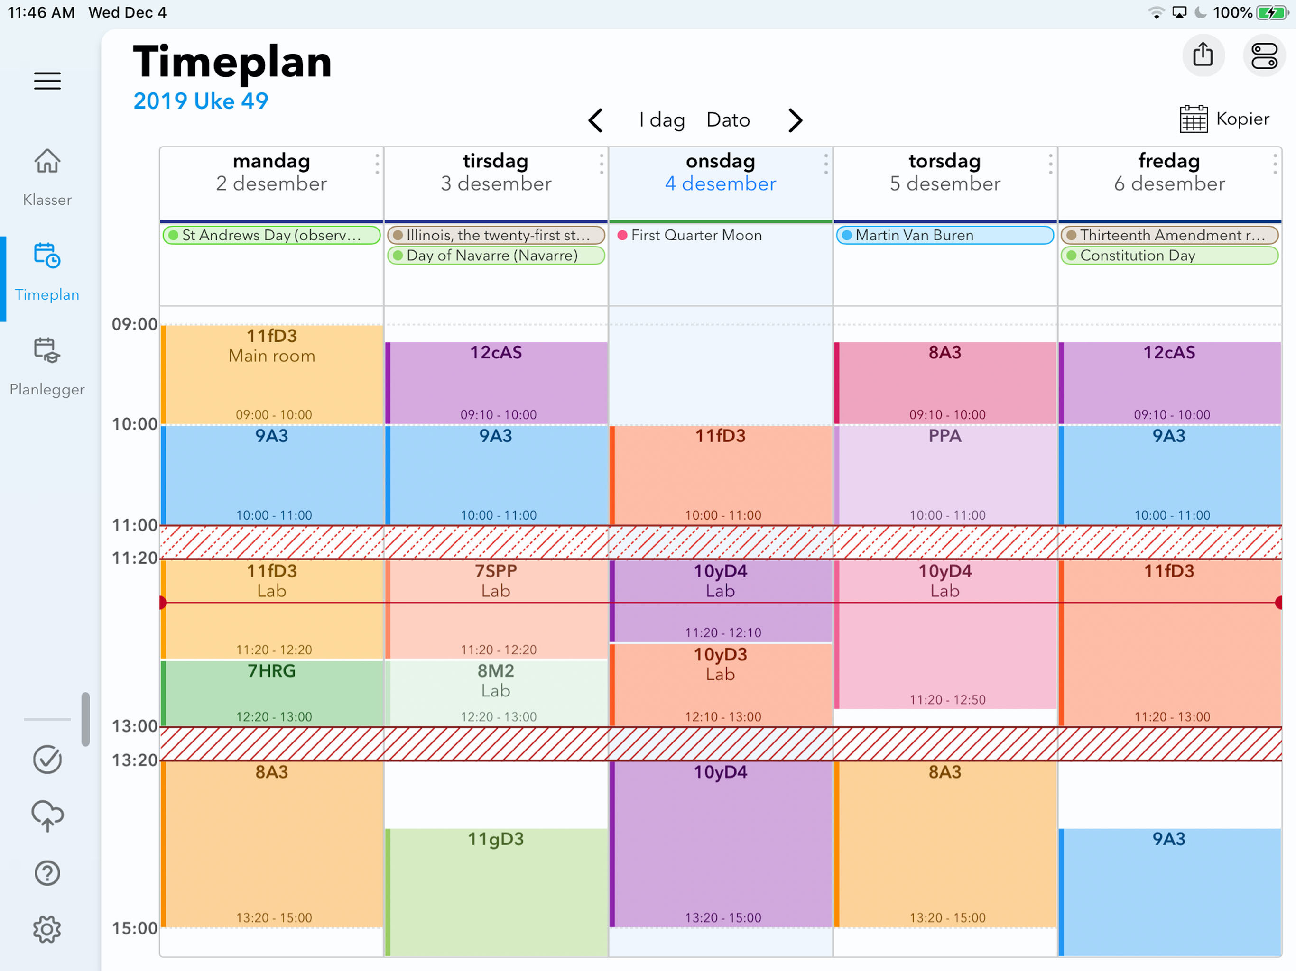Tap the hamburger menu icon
click(47, 81)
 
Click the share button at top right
click(1203, 55)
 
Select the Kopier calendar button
click(1224, 119)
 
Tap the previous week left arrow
click(595, 120)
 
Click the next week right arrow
click(795, 120)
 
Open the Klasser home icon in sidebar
click(47, 162)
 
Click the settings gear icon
click(47, 929)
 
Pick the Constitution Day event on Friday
click(1169, 256)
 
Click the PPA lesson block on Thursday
click(944, 475)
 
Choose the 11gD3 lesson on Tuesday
click(496, 891)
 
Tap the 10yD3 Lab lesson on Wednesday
click(720, 685)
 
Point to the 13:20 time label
click(134, 760)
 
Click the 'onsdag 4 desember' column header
click(720, 173)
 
